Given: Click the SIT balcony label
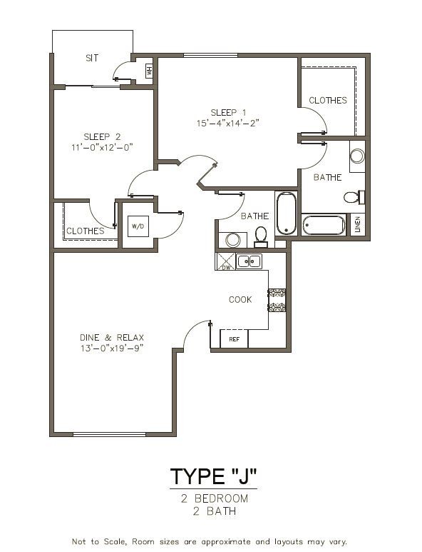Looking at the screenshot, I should click(92, 57).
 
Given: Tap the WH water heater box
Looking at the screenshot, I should click(149, 71).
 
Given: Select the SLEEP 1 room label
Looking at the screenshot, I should click(228, 112).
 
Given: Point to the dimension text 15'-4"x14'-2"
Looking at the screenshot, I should click(228, 123).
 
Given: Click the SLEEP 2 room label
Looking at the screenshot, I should click(102, 136).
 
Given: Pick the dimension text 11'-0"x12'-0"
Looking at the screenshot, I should click(102, 147).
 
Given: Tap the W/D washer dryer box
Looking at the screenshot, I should click(137, 226).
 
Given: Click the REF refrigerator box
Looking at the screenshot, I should click(234, 339).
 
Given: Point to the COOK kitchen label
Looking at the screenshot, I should click(240, 300).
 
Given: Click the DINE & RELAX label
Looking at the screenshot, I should click(111, 338).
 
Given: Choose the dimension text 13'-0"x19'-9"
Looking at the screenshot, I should click(111, 348).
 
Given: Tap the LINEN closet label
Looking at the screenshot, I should click(358, 224).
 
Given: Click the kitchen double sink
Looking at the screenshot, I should click(249, 261).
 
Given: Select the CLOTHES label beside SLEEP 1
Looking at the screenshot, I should click(328, 101).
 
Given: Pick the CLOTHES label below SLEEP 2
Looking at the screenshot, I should click(86, 231).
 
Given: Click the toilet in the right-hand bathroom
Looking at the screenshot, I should click(352, 196).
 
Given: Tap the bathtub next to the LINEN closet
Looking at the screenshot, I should click(324, 225).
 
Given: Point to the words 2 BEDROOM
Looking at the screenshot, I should click(214, 498).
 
